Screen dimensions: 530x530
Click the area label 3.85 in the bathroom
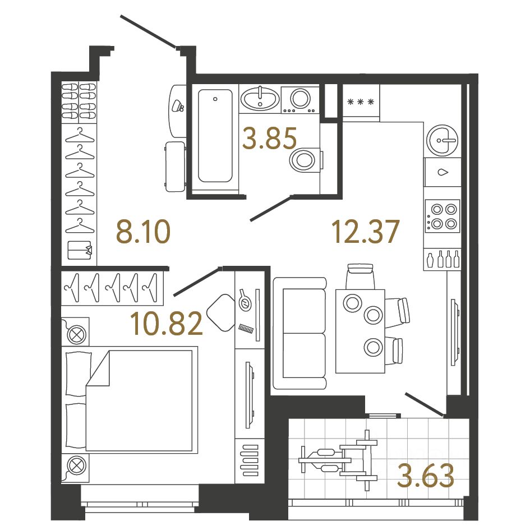pyautogui.click(x=269, y=137)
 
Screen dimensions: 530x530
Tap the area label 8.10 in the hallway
pyautogui.click(x=142, y=232)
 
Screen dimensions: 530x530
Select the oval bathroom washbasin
pyautogui.click(x=260, y=100)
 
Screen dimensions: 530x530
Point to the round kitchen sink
pyautogui.click(x=443, y=139)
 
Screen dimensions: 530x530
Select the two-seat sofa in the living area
pyautogui.click(x=299, y=333)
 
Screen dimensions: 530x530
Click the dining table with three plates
pyautogui.click(x=360, y=331)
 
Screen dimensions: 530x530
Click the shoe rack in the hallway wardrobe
pyautogui.click(x=79, y=102)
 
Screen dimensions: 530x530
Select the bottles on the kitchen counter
pyautogui.click(x=443, y=260)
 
